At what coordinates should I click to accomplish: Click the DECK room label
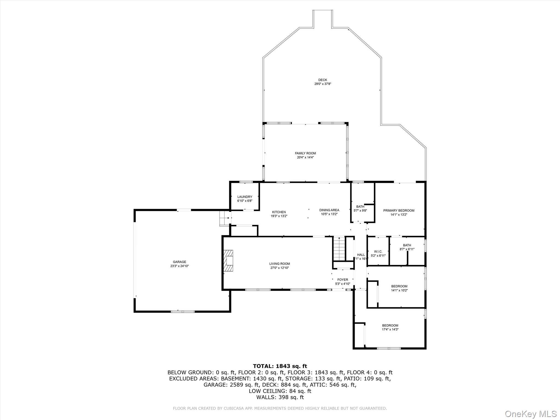click(323, 80)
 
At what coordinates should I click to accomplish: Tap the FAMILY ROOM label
click(305, 153)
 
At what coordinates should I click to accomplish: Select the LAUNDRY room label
click(245, 197)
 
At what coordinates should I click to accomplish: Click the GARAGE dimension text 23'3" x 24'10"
click(179, 266)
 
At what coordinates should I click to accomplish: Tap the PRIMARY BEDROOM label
click(399, 211)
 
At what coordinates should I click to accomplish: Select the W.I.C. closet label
click(378, 252)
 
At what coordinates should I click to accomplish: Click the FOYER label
click(343, 280)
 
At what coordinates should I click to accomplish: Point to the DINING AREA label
click(329, 210)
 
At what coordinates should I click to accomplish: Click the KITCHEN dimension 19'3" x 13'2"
click(279, 216)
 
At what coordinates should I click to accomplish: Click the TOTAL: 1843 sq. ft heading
click(280, 366)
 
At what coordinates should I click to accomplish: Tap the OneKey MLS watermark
click(530, 414)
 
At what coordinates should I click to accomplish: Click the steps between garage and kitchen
click(224, 218)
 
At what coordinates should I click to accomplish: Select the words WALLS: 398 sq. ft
click(280, 397)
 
